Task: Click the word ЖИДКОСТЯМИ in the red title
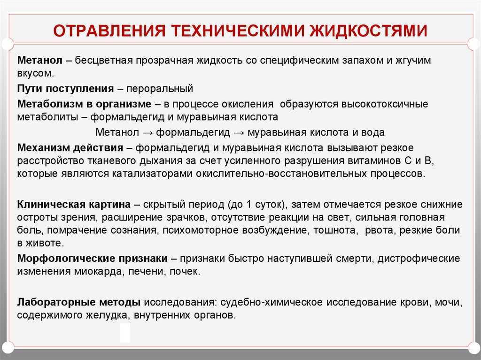pyautogui.click(x=368, y=30)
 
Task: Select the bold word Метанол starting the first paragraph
pyautogui.click(x=40, y=60)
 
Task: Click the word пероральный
pyautogui.click(x=160, y=89)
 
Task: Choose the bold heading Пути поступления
pyautogui.click(x=66, y=89)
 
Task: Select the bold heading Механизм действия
pyautogui.click(x=70, y=148)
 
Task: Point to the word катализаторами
pyautogui.click(x=152, y=174)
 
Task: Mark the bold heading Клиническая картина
pyautogui.click(x=74, y=205)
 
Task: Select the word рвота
pyautogui.click(x=380, y=230)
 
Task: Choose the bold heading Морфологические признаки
pyautogui.click(x=93, y=259)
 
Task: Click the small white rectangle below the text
pyautogui.click(x=125, y=333)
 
